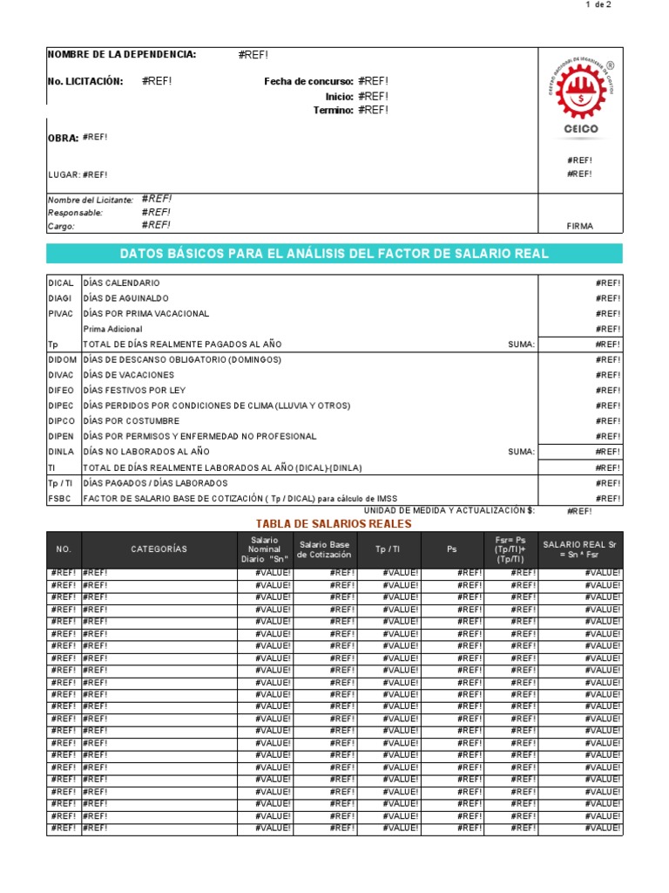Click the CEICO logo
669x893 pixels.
click(x=581, y=99)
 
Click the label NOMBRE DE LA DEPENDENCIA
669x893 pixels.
click(x=121, y=55)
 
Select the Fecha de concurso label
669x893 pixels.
click(x=308, y=82)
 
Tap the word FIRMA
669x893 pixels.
click(x=579, y=226)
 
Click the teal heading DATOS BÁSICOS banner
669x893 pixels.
click(x=334, y=254)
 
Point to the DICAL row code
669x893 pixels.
click(x=61, y=283)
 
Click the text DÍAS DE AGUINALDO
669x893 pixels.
click(x=125, y=298)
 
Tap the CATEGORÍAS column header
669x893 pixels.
click(x=159, y=549)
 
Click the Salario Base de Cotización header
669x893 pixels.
click(x=325, y=549)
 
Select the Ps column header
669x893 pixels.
click(x=452, y=549)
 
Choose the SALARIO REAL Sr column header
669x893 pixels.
click(x=579, y=549)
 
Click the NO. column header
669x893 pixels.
click(x=63, y=549)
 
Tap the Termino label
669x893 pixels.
click(x=333, y=111)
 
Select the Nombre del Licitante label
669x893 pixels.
click(x=91, y=200)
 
